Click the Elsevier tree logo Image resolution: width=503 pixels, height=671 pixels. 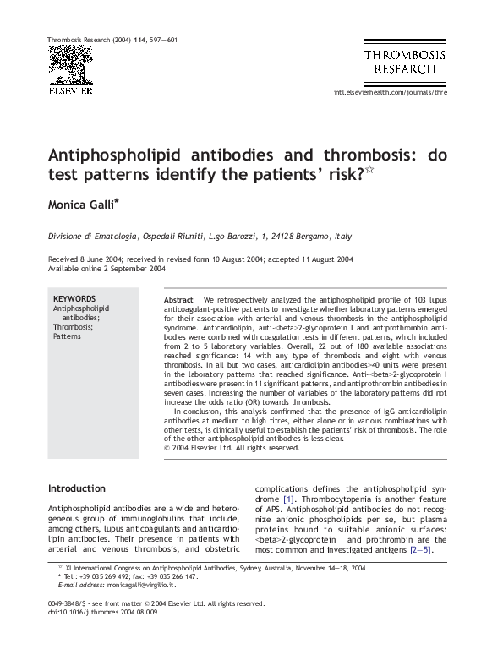tap(70, 66)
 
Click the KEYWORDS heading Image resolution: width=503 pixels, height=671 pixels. tap(74, 299)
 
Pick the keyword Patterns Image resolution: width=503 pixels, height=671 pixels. tap(68, 335)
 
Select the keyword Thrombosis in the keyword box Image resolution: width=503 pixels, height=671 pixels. tap(72, 326)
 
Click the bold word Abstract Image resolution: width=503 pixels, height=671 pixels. tap(178, 300)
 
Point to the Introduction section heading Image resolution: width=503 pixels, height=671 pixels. tap(77, 488)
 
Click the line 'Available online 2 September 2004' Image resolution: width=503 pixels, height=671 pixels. tap(107, 269)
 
